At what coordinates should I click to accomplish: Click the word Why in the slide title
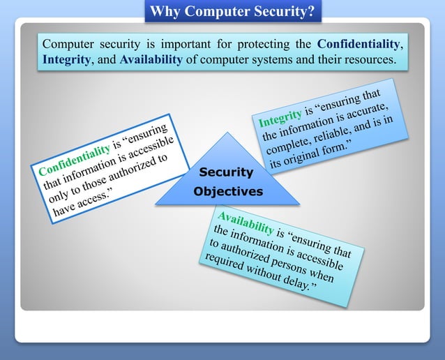pyautogui.click(x=165, y=11)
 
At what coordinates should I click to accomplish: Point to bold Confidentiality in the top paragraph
pyautogui.click(x=359, y=44)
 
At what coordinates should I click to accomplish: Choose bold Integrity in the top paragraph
pyautogui.click(x=67, y=60)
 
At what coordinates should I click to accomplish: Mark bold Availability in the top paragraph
pyautogui.click(x=151, y=60)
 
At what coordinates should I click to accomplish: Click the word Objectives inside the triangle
pyautogui.click(x=228, y=191)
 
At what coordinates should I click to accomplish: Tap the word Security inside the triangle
pyautogui.click(x=226, y=172)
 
